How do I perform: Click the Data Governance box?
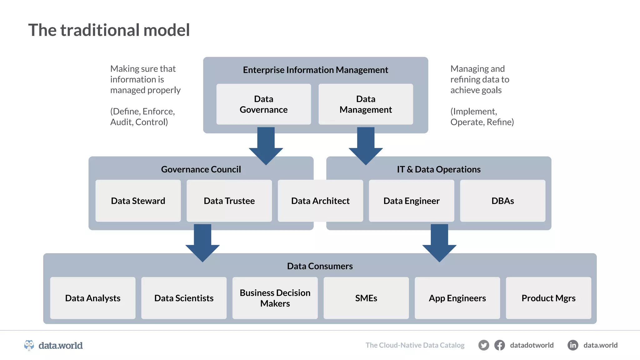point(263,104)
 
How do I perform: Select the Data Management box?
point(366,104)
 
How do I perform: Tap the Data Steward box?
point(138,201)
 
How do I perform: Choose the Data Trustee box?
point(229,201)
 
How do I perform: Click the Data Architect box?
point(320,201)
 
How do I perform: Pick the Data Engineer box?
point(411,201)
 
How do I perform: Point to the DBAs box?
point(502,201)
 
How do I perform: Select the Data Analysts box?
point(92,298)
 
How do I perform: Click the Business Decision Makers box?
point(275,298)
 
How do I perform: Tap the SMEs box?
point(366,298)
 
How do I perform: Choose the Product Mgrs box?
point(548,298)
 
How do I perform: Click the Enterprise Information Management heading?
point(315,70)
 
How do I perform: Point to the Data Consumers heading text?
point(320,266)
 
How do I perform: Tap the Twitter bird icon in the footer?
point(483,345)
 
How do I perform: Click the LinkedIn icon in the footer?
point(572,345)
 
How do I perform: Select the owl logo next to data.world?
point(29,345)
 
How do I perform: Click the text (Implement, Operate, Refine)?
point(482,117)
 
